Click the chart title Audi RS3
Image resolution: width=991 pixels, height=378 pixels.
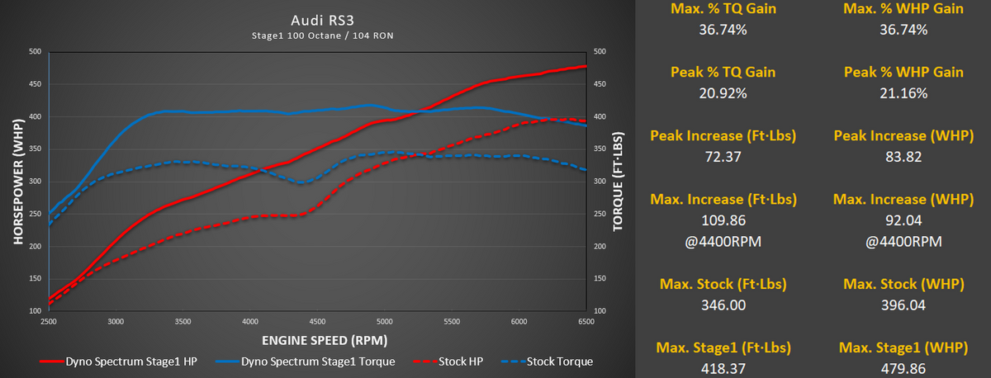tap(318, 19)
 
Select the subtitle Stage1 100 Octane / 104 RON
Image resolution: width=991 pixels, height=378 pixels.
tap(318, 35)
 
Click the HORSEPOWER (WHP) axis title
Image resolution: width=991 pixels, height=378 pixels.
tap(17, 181)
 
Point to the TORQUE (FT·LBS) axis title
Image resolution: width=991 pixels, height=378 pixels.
tap(616, 181)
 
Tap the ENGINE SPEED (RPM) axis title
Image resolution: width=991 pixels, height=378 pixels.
tap(318, 339)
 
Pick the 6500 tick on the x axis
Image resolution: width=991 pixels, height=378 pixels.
tap(586, 321)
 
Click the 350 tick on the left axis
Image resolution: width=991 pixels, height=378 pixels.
tap(35, 149)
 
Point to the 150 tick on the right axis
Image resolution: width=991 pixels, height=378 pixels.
tap(600, 279)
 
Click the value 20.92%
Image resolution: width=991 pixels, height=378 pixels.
tap(717, 93)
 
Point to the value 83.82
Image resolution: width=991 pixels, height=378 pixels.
tap(903, 157)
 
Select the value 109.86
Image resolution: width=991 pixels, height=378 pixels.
tap(717, 220)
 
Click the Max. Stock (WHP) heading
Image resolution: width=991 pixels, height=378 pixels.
tap(903, 284)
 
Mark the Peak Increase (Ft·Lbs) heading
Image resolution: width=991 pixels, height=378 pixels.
tap(717, 135)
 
